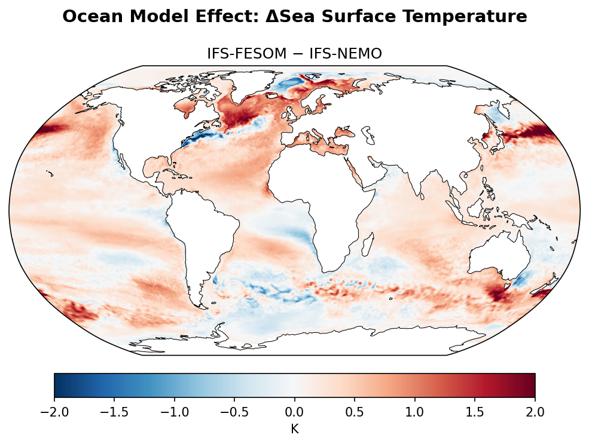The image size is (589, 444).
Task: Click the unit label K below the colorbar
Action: [294, 428]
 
